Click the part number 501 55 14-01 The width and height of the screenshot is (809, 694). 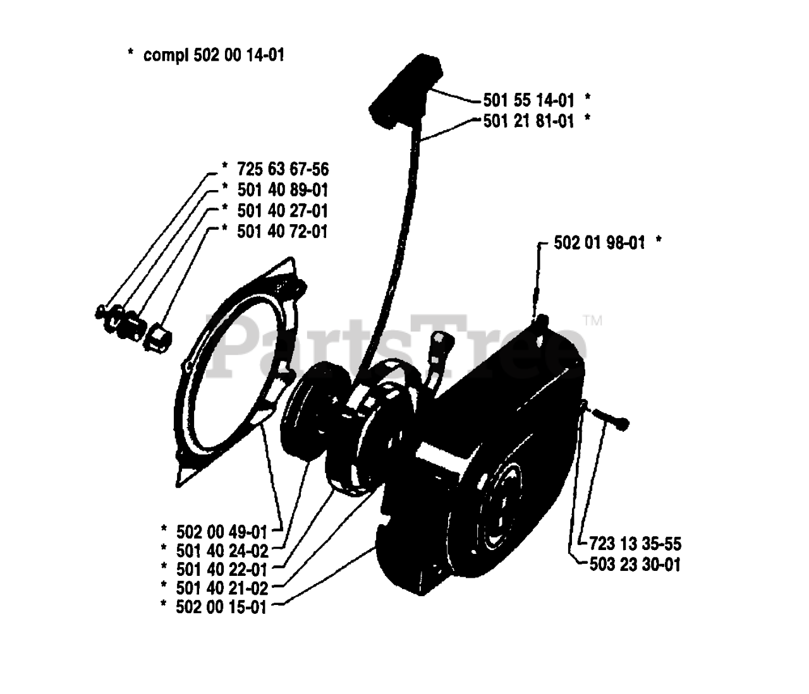pyautogui.click(x=529, y=100)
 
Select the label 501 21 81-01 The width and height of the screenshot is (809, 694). pyautogui.click(x=529, y=121)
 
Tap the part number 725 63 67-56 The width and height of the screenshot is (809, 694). pyautogui.click(x=283, y=169)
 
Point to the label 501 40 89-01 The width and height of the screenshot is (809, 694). pyautogui.click(x=283, y=189)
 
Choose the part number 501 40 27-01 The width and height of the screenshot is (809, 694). pyautogui.click(x=283, y=210)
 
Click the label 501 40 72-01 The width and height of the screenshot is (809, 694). pyautogui.click(x=283, y=231)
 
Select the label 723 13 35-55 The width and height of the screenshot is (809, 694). pyautogui.click(x=635, y=544)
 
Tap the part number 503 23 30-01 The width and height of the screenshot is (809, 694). pyautogui.click(x=635, y=564)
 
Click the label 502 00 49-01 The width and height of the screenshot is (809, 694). pyautogui.click(x=222, y=530)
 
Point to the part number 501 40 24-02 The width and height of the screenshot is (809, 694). pyautogui.click(x=222, y=550)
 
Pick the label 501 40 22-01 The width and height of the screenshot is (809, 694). pyautogui.click(x=222, y=569)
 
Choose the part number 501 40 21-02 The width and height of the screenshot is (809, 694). pyautogui.click(x=222, y=588)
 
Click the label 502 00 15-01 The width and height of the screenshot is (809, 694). pyautogui.click(x=222, y=607)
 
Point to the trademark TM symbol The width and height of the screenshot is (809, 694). pyautogui.click(x=593, y=321)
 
